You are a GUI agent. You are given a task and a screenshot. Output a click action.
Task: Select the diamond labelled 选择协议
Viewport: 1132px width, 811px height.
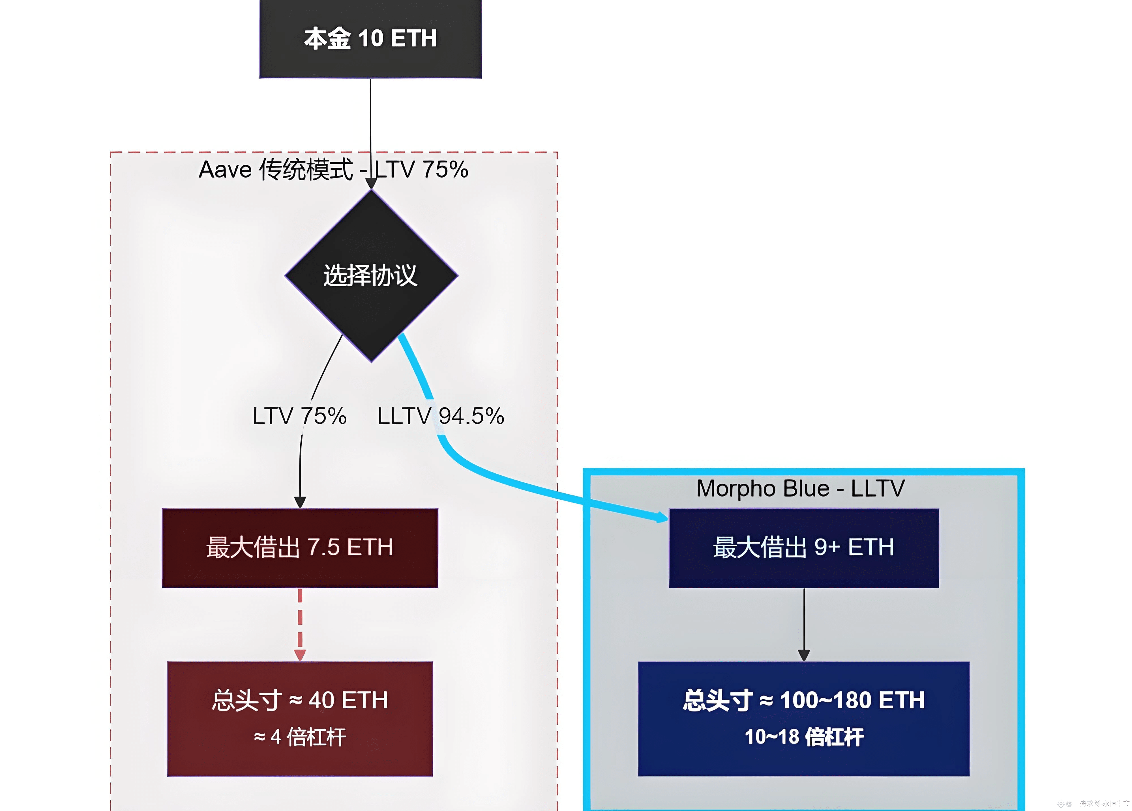(x=371, y=275)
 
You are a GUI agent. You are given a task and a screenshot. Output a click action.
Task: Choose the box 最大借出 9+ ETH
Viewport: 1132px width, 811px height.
(x=804, y=548)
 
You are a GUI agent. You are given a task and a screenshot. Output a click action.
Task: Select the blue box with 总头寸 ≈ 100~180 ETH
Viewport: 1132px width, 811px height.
(x=804, y=718)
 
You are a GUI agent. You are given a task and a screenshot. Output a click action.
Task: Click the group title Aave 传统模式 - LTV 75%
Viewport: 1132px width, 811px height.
(x=333, y=170)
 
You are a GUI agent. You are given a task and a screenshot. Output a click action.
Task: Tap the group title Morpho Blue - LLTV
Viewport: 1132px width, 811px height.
(x=800, y=488)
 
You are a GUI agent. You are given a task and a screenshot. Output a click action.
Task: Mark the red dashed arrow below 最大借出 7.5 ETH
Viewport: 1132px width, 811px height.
(x=300, y=624)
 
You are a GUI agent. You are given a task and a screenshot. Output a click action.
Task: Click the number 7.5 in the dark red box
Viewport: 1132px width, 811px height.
(x=323, y=548)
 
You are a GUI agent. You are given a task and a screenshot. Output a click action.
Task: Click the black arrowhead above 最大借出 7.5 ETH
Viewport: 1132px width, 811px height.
(x=300, y=502)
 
